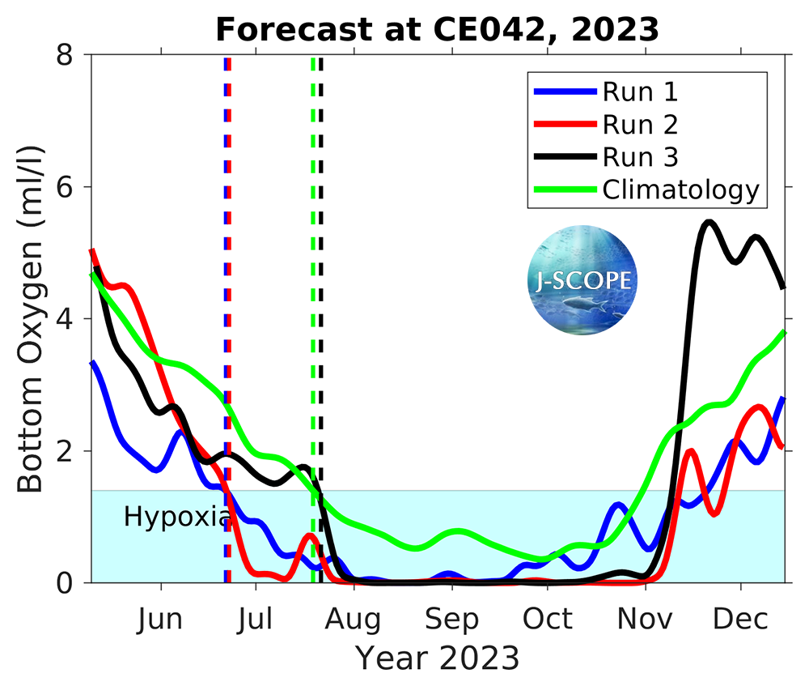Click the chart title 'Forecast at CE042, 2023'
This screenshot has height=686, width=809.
pyautogui.click(x=437, y=30)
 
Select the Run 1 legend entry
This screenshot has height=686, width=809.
pyautogui.click(x=639, y=92)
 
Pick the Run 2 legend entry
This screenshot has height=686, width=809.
pyautogui.click(x=639, y=125)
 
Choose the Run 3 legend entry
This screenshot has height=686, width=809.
pyautogui.click(x=639, y=157)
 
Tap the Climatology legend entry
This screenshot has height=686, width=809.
pyautogui.click(x=680, y=190)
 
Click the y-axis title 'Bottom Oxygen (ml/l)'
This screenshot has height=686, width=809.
pyautogui.click(x=31, y=318)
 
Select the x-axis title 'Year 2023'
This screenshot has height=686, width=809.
pyautogui.click(x=438, y=658)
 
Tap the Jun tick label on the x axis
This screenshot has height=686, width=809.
pyautogui.click(x=159, y=620)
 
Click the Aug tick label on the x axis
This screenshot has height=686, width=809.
pyautogui.click(x=354, y=620)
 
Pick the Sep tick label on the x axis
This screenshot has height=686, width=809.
pyautogui.click(x=451, y=620)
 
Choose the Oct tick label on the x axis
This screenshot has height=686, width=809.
pyautogui.click(x=548, y=620)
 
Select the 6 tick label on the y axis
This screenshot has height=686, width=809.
pyautogui.click(x=72, y=187)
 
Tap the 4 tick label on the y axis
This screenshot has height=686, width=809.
pyautogui.click(x=72, y=319)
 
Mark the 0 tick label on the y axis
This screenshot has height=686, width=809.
pyautogui.click(x=72, y=582)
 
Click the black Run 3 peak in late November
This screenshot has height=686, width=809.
pyautogui.click(x=709, y=221)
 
